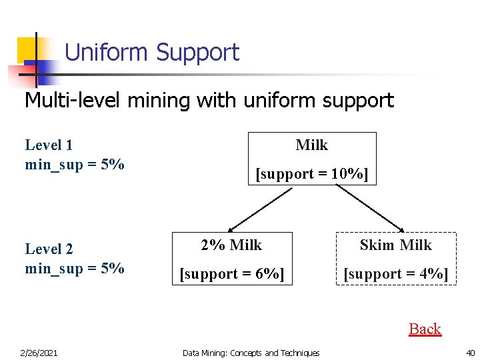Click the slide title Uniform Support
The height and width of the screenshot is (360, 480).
click(151, 52)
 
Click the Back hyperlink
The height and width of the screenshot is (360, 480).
click(425, 329)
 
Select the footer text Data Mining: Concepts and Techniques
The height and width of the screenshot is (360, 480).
click(251, 353)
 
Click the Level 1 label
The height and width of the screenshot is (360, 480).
click(49, 145)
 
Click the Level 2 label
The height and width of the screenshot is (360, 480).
click(49, 249)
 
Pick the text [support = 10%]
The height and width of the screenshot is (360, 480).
click(312, 174)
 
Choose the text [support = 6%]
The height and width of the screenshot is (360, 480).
click(232, 274)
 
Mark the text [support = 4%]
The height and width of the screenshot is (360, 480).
click(396, 274)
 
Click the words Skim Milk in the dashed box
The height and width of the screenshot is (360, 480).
click(396, 245)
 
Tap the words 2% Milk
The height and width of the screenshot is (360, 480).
click(232, 245)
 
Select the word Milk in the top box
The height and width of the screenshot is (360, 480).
click(312, 145)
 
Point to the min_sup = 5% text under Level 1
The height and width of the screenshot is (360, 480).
click(75, 164)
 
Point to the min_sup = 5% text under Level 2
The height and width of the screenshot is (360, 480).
click(75, 269)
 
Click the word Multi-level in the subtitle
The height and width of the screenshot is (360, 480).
click(60, 101)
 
